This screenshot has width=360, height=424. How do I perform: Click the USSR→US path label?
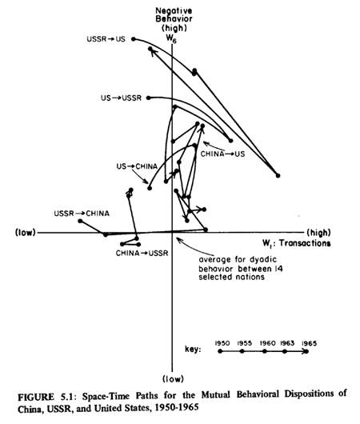pos(106,39)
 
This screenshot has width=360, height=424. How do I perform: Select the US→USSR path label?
pos(121,98)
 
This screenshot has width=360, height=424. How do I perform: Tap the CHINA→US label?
pos(222,154)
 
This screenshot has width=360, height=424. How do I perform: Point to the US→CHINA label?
pos(137,166)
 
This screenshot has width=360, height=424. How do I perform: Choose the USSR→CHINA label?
pos(82,214)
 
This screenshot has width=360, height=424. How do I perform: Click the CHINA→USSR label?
pos(142,254)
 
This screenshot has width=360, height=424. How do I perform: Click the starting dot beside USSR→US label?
pos(134,39)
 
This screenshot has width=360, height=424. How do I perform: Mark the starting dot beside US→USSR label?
pos(149,98)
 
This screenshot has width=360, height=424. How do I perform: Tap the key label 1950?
pos(222,343)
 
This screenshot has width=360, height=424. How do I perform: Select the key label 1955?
pos(245,343)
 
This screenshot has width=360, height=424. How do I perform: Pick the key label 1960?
pos(267,343)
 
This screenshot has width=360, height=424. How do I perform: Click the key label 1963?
pos(287,343)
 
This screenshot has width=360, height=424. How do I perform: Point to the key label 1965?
pos(309,343)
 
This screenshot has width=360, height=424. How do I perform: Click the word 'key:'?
pos(193,350)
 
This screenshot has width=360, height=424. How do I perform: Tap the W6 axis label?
pos(171,38)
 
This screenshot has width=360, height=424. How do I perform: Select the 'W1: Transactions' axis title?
pos(297,243)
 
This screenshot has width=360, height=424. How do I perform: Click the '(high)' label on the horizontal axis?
pos(318,232)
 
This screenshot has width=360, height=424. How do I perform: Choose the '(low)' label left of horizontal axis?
pos(26,233)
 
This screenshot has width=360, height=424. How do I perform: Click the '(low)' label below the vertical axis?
pos(173,379)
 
